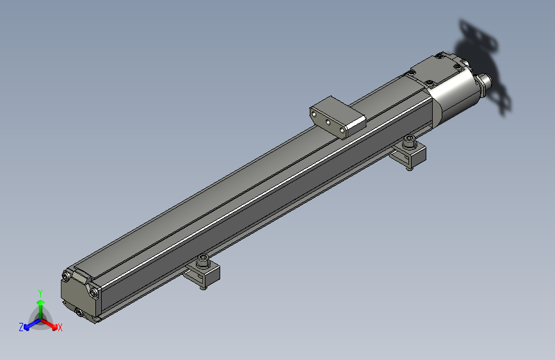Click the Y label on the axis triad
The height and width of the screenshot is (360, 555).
tap(40, 292)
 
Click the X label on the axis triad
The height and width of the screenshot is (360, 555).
tap(60, 328)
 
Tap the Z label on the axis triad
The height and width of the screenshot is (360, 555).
tap(21, 327)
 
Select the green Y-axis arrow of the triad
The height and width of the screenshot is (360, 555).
tap(40, 306)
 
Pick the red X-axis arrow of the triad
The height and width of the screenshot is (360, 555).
tap(51, 323)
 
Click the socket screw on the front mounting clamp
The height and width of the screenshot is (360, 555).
tap(204, 261)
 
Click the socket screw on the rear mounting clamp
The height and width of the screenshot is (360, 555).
tap(409, 141)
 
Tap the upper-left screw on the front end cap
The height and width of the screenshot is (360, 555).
tap(66, 277)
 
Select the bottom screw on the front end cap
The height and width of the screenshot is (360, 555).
tap(79, 311)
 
